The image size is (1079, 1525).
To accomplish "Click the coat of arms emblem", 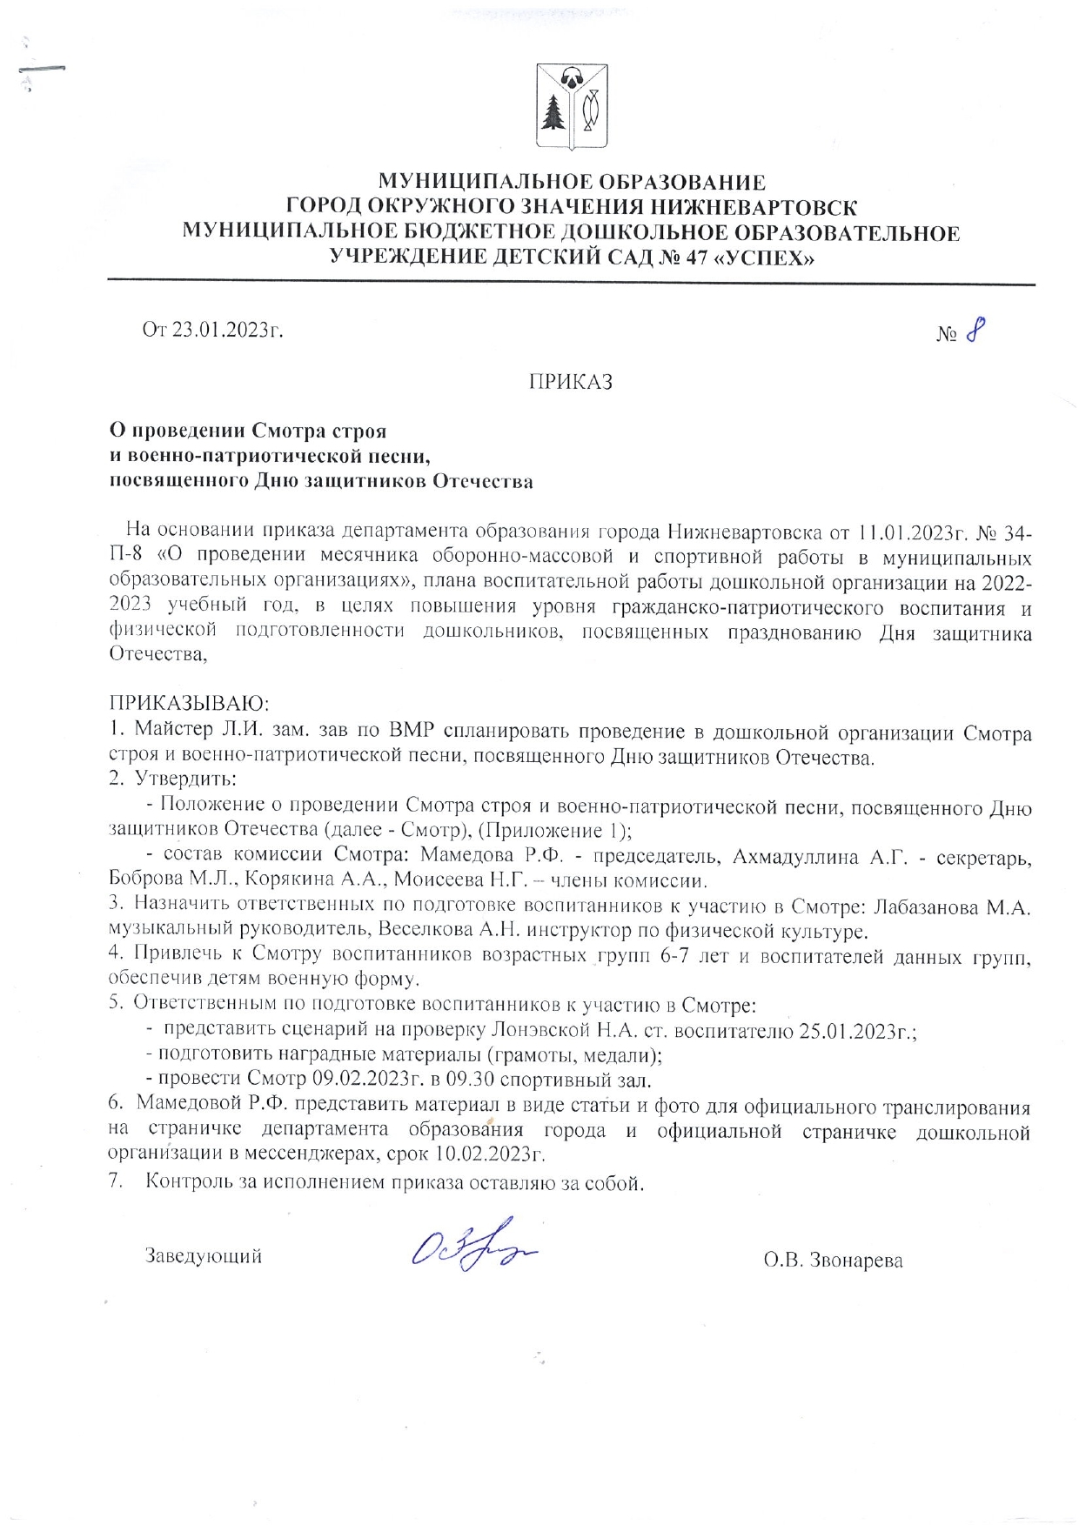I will tap(572, 107).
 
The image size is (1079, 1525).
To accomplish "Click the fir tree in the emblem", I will tap(554, 110).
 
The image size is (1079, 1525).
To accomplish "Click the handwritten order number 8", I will tap(975, 330).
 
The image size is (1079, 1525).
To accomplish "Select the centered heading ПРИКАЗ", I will tap(571, 382).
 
